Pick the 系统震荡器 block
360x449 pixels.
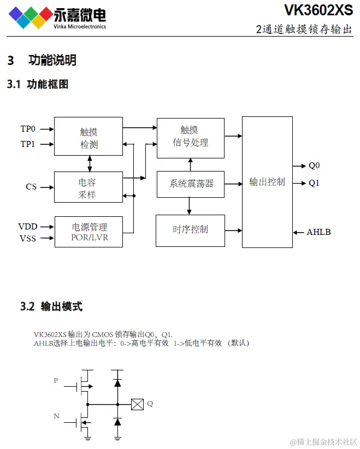[x=190, y=184]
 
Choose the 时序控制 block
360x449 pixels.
[x=190, y=230]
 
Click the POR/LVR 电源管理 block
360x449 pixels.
[x=88, y=232]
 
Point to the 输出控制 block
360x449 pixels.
[x=267, y=182]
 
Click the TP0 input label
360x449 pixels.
[x=28, y=129]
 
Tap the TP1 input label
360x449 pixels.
[x=28, y=144]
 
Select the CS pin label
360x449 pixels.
[x=31, y=187]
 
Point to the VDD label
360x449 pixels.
[x=28, y=226]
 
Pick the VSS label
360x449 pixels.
[x=28, y=238]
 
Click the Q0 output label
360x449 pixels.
[x=314, y=166]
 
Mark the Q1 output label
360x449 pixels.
[x=314, y=183]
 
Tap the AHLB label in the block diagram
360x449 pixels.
[x=318, y=232]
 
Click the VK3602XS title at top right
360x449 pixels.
[x=318, y=10]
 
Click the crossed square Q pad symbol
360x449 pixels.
[x=137, y=404]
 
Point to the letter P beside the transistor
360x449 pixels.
[x=56, y=380]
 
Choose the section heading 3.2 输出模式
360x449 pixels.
[x=51, y=306]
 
